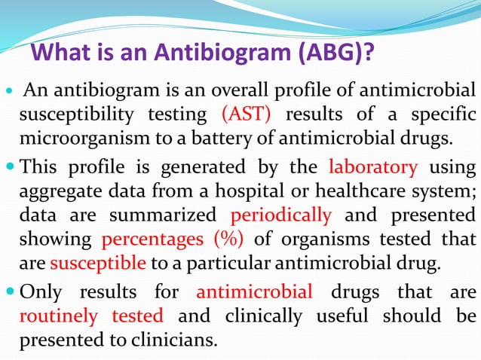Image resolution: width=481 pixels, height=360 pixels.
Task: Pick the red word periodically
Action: click(x=280, y=215)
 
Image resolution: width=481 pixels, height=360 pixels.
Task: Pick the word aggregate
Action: click(x=59, y=191)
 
